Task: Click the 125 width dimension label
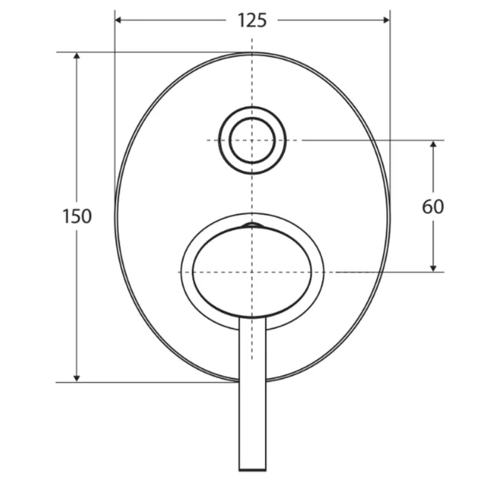[x=252, y=20]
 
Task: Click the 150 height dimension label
[x=77, y=217]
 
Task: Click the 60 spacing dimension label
[x=433, y=206]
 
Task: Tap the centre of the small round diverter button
[x=252, y=140]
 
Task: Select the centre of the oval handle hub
[x=252, y=272]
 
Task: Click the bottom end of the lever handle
[x=252, y=468]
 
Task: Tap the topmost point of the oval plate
[x=252, y=53]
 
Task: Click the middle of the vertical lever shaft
[x=252, y=394]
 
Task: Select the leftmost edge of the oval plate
[x=116, y=217]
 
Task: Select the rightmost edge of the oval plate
[x=389, y=217]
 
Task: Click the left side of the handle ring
[x=186, y=272]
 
